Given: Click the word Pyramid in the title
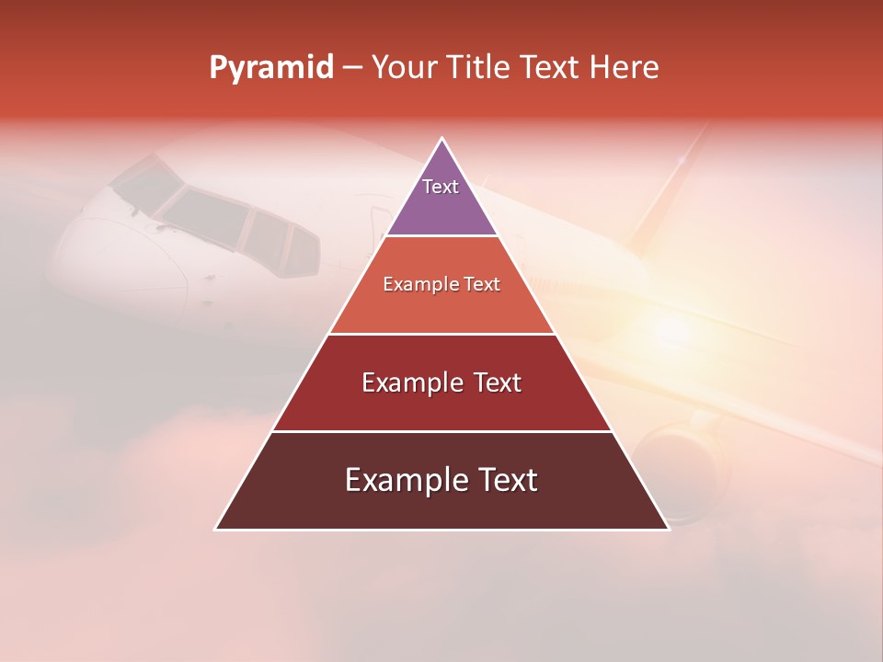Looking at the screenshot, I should [270, 68].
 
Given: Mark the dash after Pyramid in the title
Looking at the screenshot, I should [351, 68].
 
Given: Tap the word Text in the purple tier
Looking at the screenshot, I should [441, 187].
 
